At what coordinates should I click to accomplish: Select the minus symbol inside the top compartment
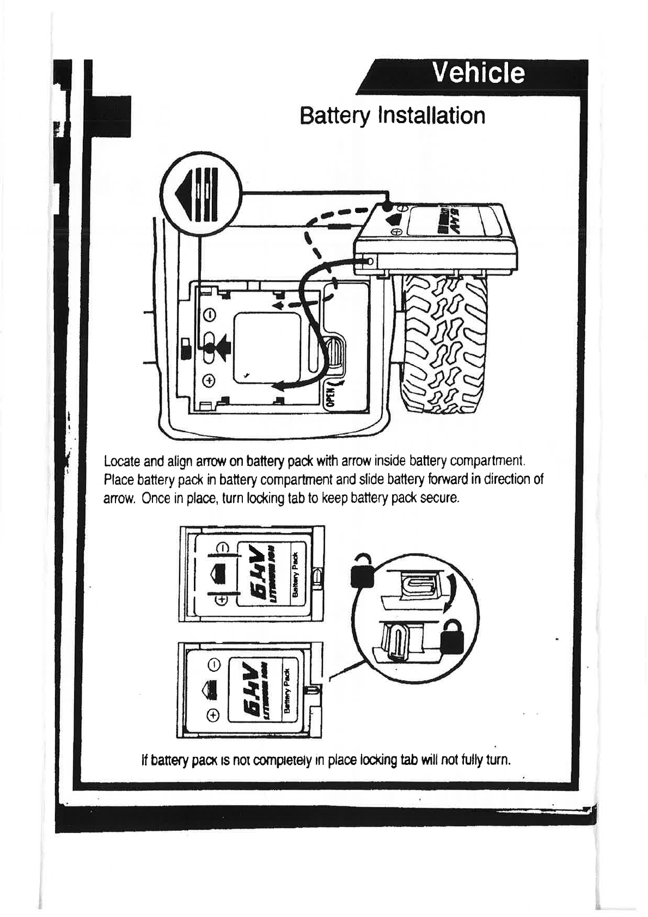coord(210,315)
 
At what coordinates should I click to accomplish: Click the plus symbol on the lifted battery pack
coord(398,231)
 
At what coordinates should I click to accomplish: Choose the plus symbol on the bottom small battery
coord(214,714)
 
